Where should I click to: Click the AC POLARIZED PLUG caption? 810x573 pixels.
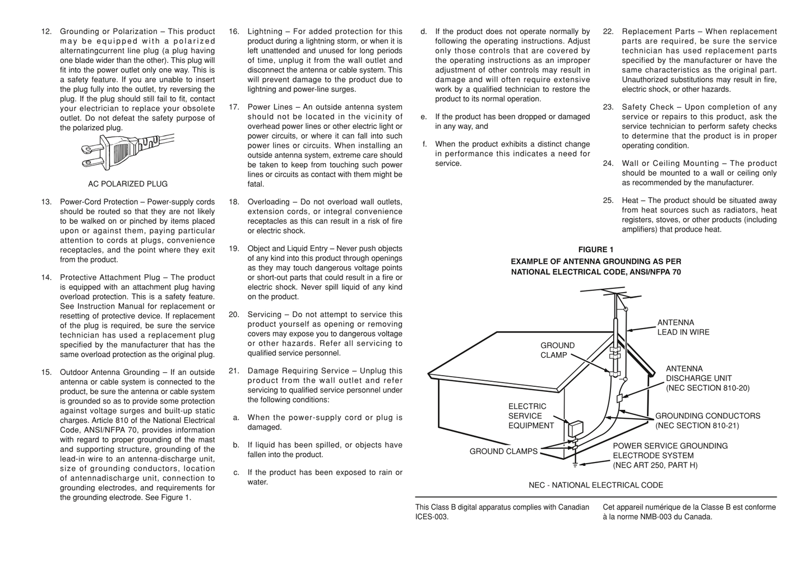pos(128,184)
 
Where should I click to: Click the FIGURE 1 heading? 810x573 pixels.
pos(596,249)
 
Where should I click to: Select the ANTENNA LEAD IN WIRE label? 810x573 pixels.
pos(683,327)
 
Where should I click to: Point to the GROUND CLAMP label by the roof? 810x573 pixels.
pos(557,350)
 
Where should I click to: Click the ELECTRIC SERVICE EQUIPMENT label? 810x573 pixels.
pos(530,416)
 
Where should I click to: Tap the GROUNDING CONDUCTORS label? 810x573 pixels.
pos(707,420)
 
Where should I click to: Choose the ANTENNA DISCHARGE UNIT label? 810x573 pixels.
pos(707,378)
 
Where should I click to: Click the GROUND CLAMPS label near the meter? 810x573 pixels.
pos(503,451)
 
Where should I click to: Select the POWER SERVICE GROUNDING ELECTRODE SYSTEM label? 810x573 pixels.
pos(670,455)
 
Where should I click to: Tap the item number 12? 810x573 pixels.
pos(47,32)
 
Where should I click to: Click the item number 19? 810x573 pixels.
pos(234,248)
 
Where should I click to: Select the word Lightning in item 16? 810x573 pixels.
pos(265,32)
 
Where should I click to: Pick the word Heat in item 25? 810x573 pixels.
pos(630,201)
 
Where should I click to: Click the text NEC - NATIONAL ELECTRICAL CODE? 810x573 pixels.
pos(596,486)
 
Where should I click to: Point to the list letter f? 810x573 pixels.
pos(425,144)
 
